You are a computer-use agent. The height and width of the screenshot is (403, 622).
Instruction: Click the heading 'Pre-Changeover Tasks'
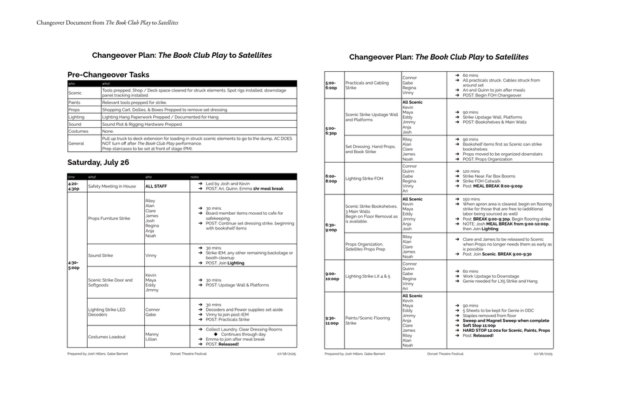coord(108,75)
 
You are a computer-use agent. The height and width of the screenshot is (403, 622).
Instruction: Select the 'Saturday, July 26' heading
coord(98,163)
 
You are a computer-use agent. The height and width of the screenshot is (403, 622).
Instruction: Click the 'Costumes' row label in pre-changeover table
coord(79,132)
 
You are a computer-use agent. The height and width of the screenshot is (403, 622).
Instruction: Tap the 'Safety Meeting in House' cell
coord(112,186)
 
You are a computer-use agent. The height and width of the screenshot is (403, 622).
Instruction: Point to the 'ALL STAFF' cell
coord(156,186)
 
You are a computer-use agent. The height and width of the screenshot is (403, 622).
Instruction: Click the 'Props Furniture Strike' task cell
coord(109,218)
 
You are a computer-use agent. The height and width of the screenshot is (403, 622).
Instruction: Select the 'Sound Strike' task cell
coord(100,256)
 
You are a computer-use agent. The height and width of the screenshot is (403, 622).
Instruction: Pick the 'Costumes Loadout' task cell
coord(107,337)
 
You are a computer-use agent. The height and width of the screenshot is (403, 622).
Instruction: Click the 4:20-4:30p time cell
coord(74,186)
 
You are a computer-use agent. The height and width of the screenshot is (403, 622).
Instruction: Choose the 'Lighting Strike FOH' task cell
coord(363,179)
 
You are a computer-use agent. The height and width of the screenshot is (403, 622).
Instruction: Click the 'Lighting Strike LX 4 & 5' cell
coord(367,277)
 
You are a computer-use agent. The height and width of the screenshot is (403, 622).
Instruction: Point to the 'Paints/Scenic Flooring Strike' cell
coord(367,320)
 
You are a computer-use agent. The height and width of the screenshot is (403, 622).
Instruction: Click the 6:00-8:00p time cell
coord(331,179)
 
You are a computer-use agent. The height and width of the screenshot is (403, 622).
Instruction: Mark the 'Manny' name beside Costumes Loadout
coord(152,334)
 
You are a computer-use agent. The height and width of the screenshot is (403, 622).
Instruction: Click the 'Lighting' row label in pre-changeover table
coord(76,117)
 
